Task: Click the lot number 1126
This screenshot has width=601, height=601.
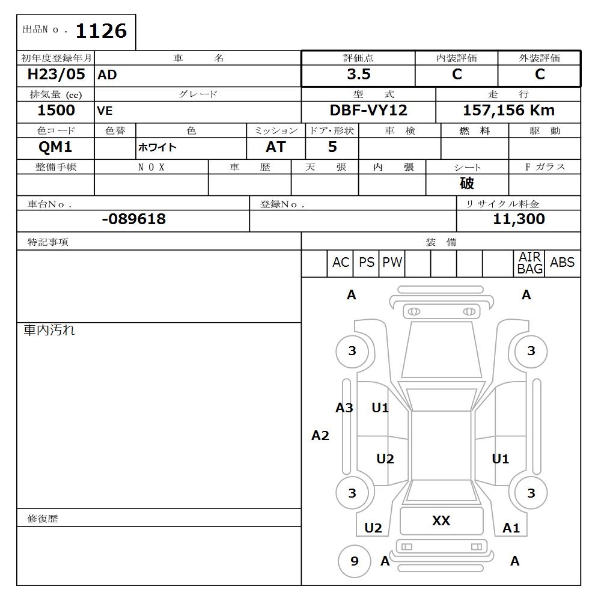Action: click(x=101, y=31)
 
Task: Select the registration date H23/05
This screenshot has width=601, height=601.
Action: click(x=56, y=75)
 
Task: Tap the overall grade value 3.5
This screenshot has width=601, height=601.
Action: click(x=359, y=75)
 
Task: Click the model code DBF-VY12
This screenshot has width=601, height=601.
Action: click(x=368, y=111)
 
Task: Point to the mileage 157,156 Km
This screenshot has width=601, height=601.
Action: click(x=508, y=111)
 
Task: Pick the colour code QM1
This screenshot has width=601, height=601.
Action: click(x=55, y=147)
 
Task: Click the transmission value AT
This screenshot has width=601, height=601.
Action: click(x=276, y=147)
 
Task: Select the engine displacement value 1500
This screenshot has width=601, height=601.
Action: click(x=56, y=111)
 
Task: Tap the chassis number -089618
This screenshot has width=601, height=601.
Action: click(x=133, y=219)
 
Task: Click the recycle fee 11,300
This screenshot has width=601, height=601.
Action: click(x=519, y=219)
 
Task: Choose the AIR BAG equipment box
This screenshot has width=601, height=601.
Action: click(x=530, y=263)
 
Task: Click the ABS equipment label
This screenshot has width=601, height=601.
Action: click(x=562, y=263)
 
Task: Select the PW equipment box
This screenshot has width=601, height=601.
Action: click(x=392, y=263)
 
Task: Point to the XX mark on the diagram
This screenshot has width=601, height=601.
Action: click(x=441, y=520)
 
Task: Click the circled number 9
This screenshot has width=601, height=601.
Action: click(x=354, y=561)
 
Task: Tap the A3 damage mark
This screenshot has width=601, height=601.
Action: click(x=344, y=408)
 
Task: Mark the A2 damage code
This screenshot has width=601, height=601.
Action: click(x=320, y=436)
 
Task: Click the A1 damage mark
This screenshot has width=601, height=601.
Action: click(x=511, y=528)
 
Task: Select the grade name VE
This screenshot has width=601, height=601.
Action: click(x=105, y=111)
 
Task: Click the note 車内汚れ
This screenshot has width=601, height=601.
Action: click(x=49, y=330)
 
